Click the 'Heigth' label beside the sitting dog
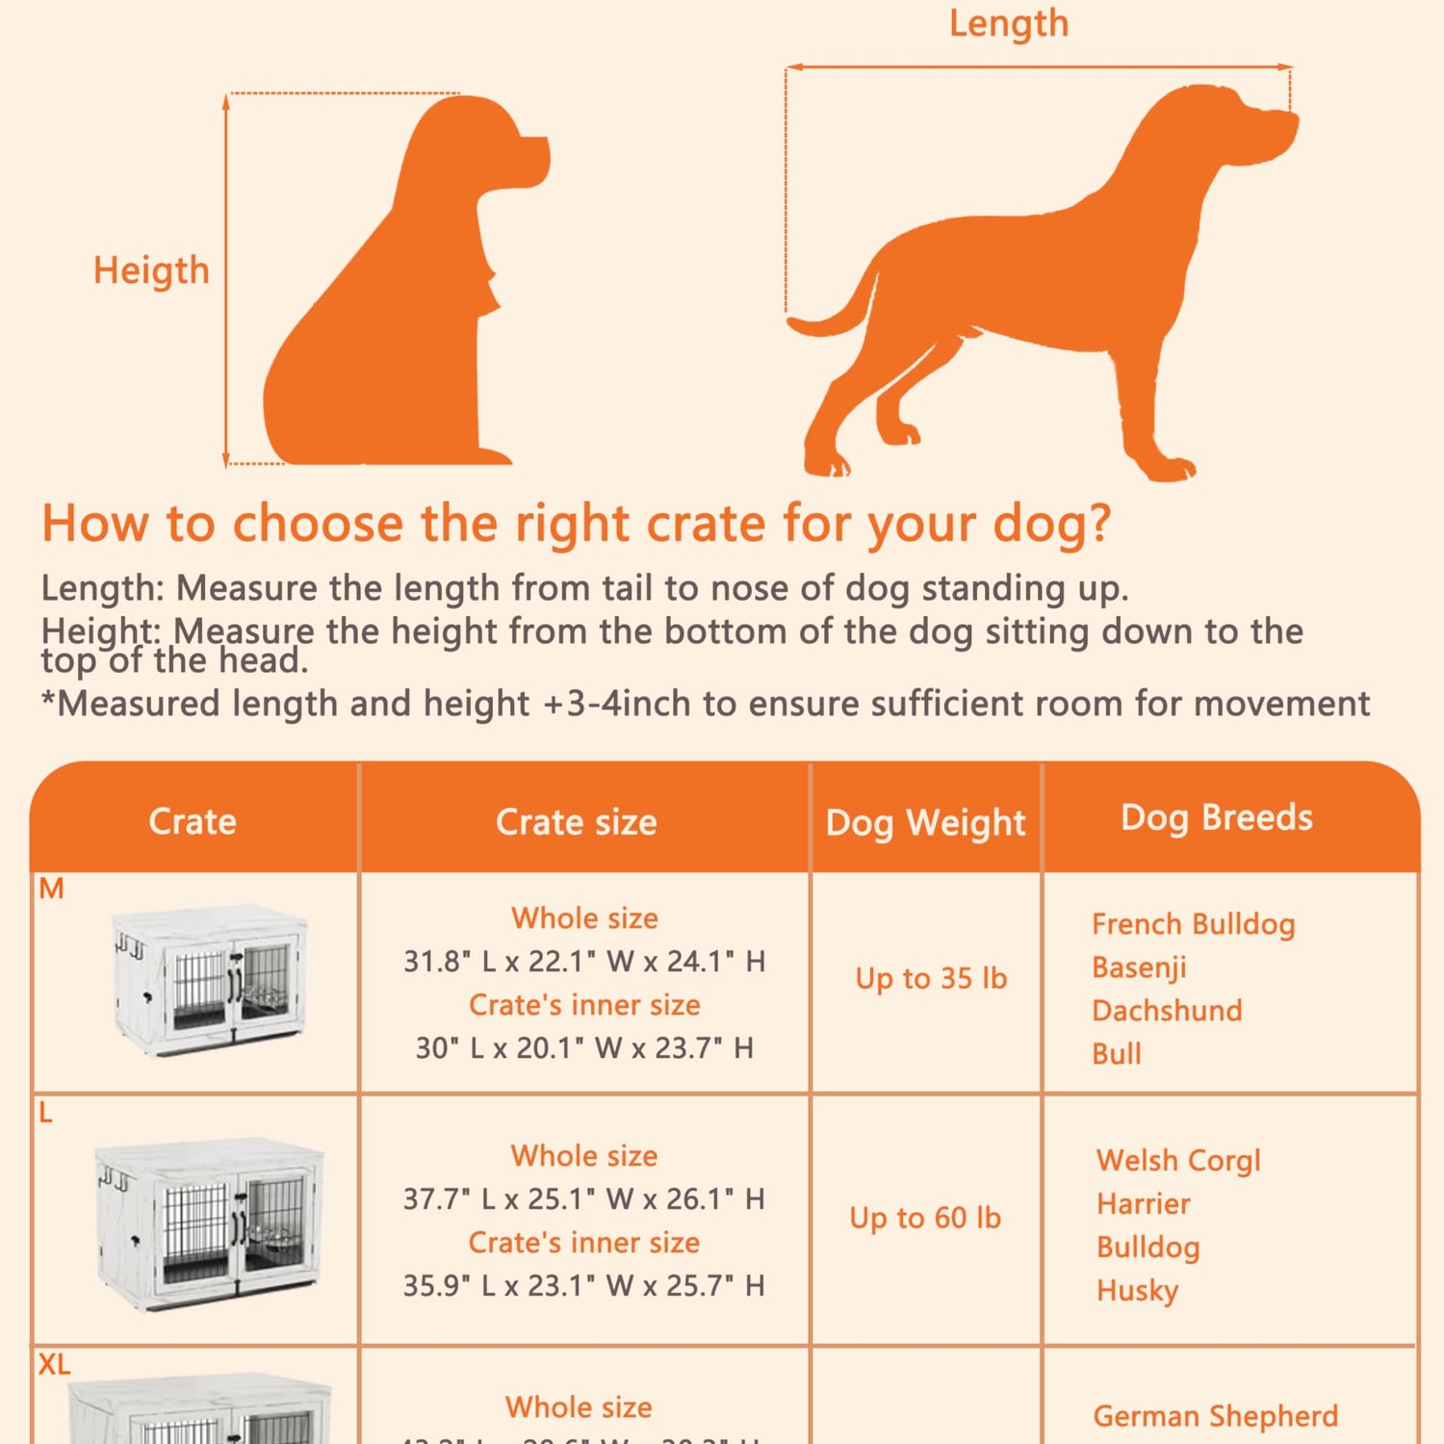click(x=151, y=271)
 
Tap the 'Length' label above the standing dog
click(x=1008, y=23)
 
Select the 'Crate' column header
click(x=193, y=821)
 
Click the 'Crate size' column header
click(x=576, y=822)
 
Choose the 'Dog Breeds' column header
click(x=1216, y=817)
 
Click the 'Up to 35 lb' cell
click(x=931, y=978)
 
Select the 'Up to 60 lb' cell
click(x=925, y=1218)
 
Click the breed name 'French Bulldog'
click(x=1193, y=924)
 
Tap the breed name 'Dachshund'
click(x=1167, y=1010)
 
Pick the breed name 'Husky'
click(x=1137, y=1290)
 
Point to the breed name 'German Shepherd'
click(x=1215, y=1416)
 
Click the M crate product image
click(x=209, y=979)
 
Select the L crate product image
click(x=209, y=1223)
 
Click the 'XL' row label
click(x=54, y=1364)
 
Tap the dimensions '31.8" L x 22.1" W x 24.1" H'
click(x=584, y=961)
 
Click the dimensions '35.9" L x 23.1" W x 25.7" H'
click(x=584, y=1285)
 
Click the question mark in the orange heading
click(x=1097, y=525)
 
